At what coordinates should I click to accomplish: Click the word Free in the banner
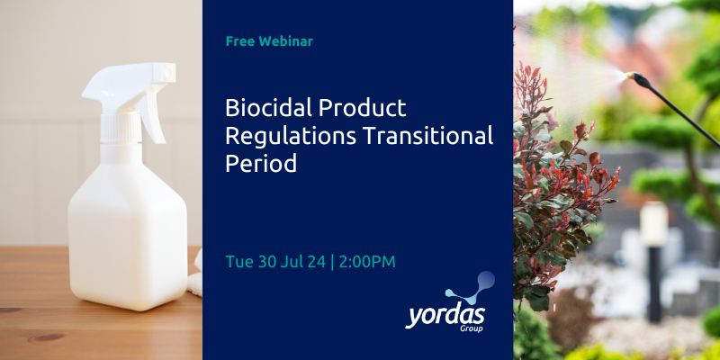pos(240,41)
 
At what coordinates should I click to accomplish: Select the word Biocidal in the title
pos(262,108)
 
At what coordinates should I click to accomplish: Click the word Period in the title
pos(261,166)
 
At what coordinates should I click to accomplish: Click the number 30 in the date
pos(270,261)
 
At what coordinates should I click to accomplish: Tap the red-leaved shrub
pos(558,180)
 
